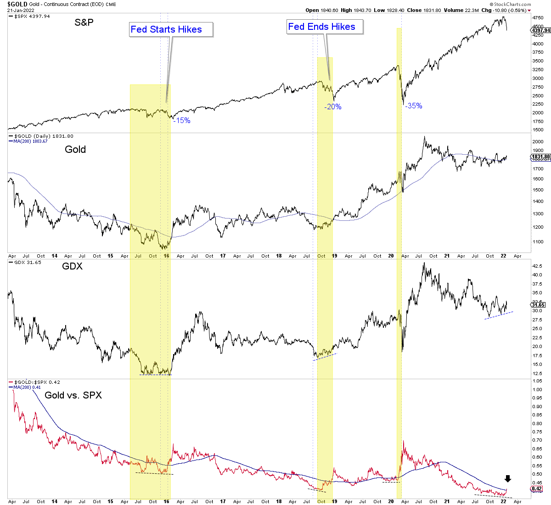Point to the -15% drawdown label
coord(182,120)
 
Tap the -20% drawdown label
coord(332,107)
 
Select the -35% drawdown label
coord(413,106)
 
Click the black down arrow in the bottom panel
coord(507,479)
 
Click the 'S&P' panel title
coord(84,22)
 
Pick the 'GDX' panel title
coord(73,266)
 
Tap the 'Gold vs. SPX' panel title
coord(73,395)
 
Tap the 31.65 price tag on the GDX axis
coord(538,304)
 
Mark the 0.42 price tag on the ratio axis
coord(537,489)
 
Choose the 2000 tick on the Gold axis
coord(538,141)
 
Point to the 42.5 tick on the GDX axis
coord(538,266)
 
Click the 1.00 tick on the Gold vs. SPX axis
coord(537,389)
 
